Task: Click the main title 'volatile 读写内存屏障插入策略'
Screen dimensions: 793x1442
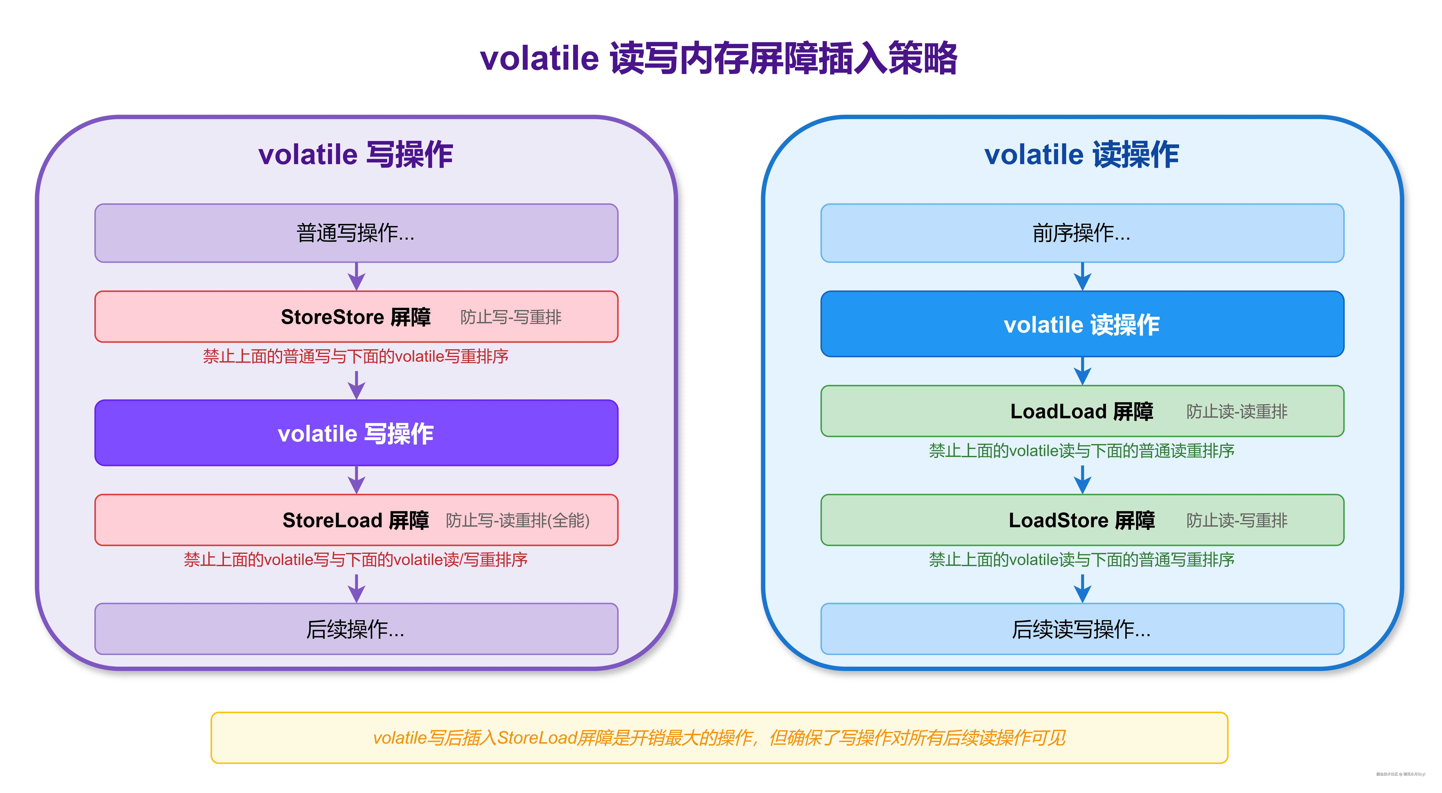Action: pyautogui.click(x=719, y=58)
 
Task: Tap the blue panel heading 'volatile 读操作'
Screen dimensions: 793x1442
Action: pyautogui.click(x=1082, y=155)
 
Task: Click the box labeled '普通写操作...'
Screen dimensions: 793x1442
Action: pyautogui.click(x=356, y=233)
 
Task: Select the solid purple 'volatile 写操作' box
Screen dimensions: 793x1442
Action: pyautogui.click(x=356, y=433)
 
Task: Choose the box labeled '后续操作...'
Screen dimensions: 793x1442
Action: pyautogui.click(x=356, y=629)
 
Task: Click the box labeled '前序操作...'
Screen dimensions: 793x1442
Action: pyautogui.click(x=1082, y=233)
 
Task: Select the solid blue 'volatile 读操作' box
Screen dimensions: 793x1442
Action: pyautogui.click(x=1082, y=324)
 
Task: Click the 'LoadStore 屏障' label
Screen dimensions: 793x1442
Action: pyautogui.click(x=1082, y=520)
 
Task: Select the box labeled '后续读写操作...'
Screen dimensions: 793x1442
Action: pyautogui.click(x=1082, y=629)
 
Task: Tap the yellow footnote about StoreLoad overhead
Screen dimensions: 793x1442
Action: pyautogui.click(x=719, y=738)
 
